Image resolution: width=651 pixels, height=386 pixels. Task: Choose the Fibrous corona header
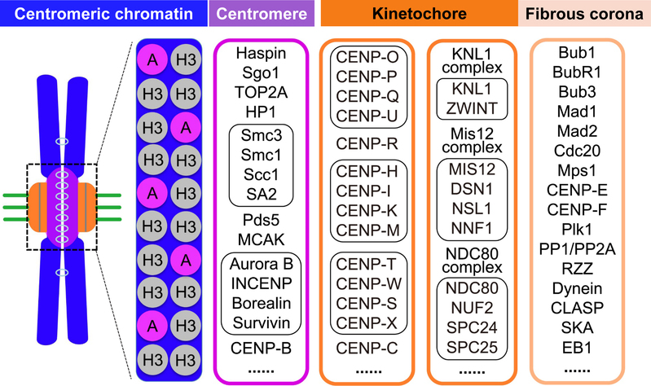[587, 14]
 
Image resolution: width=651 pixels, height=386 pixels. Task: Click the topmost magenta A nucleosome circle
[149, 59]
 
